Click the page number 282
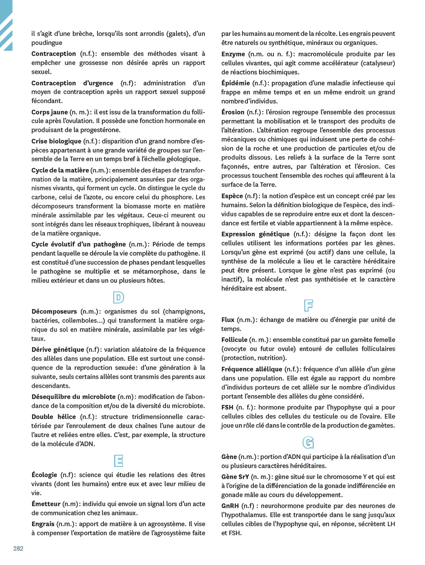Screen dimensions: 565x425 [18, 548]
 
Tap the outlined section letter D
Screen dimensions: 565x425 [118, 298]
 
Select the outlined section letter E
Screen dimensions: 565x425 [118, 461]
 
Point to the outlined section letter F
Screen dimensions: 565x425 [308, 305]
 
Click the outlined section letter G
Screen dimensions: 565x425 [308, 442]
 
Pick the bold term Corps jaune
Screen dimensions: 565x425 [49, 112]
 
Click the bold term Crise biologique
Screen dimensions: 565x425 [56, 141]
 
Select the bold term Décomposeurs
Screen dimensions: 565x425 [54, 312]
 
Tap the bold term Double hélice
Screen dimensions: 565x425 [54, 417]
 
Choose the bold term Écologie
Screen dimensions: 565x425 [44, 475]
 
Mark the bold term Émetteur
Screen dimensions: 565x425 [46, 504]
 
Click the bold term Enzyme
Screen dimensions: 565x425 [233, 54]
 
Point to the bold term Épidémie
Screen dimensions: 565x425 [235, 83]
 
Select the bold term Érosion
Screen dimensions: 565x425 [233, 112]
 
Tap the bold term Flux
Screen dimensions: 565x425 [228, 320]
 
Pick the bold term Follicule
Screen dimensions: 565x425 [234, 340]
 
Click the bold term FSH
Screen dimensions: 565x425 [227, 407]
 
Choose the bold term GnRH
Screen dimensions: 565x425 [230, 506]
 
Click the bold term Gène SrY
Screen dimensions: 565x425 [235, 477]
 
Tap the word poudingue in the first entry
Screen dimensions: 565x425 [47, 43]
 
